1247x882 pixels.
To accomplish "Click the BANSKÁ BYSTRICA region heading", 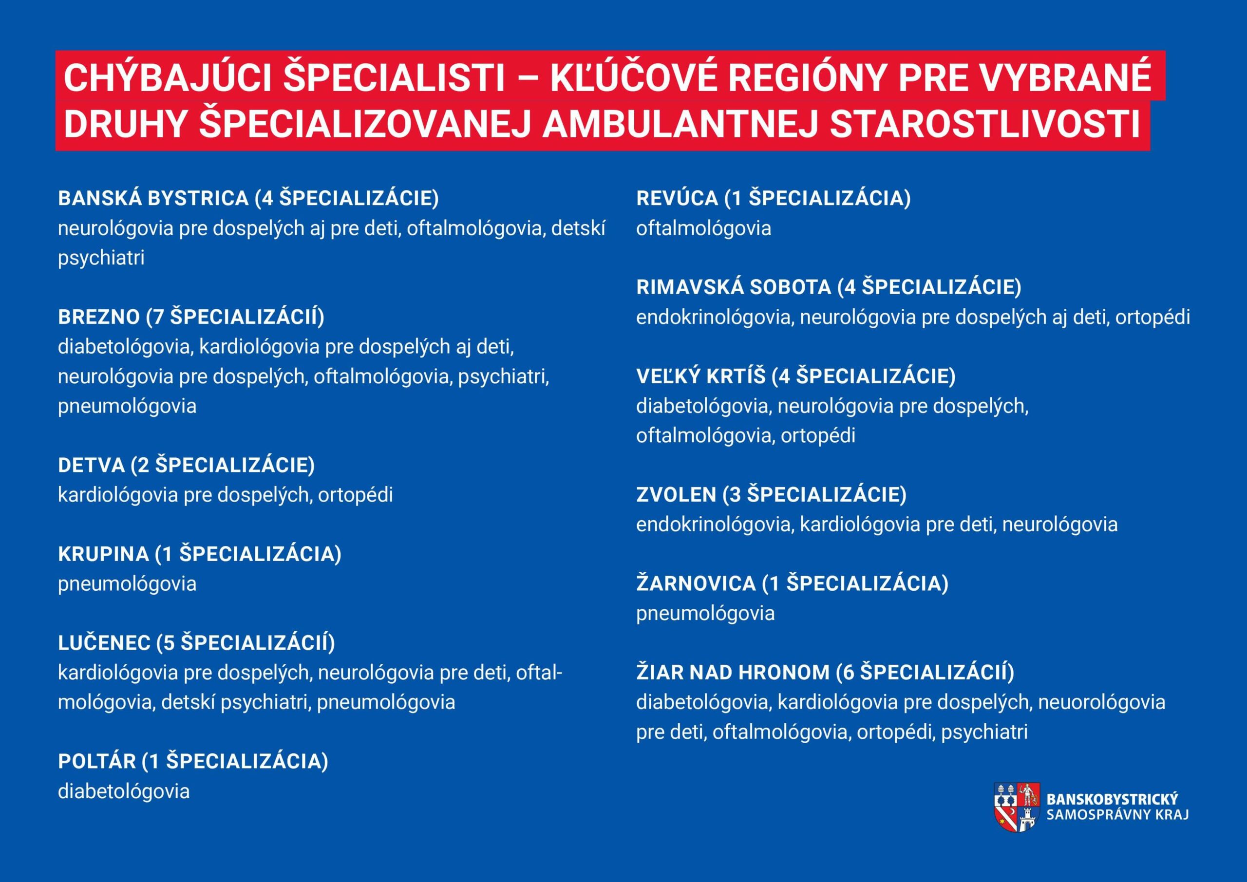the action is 248,198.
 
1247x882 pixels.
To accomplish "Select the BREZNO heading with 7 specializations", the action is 191,316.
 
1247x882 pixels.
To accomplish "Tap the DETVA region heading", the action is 186,465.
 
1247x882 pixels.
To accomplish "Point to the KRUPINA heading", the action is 200,554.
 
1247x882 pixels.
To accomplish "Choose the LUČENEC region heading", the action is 197,643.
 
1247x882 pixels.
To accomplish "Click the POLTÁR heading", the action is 193,761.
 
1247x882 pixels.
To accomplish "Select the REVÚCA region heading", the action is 774,198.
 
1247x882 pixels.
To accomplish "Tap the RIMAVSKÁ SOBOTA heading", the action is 829,287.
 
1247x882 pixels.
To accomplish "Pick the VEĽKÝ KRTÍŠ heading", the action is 795,376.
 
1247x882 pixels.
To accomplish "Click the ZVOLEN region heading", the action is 771,494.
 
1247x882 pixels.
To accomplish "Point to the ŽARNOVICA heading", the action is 793,583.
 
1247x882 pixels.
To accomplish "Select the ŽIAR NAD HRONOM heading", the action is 825,673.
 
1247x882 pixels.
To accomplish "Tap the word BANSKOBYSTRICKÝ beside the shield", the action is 1112,799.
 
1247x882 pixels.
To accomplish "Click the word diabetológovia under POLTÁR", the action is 124,791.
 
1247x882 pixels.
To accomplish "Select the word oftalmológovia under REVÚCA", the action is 704,228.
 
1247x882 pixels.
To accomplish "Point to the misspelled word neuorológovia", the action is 1101,702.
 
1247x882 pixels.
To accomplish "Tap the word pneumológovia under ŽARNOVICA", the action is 705,613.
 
